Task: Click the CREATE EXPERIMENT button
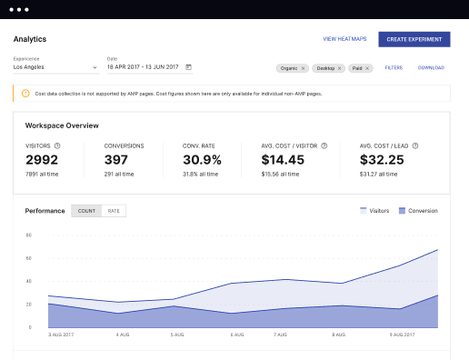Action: [414, 39]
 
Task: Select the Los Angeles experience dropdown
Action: [55, 67]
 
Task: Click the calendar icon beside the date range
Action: [188, 67]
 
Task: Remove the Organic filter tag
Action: [304, 67]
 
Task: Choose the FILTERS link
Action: [394, 67]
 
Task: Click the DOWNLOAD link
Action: [431, 67]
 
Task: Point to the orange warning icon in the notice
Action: [25, 93]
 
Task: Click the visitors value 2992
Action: [42, 159]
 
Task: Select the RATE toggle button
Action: [114, 211]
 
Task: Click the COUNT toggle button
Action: [86, 211]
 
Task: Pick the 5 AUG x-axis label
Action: [180, 335]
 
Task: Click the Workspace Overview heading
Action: [62, 125]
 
